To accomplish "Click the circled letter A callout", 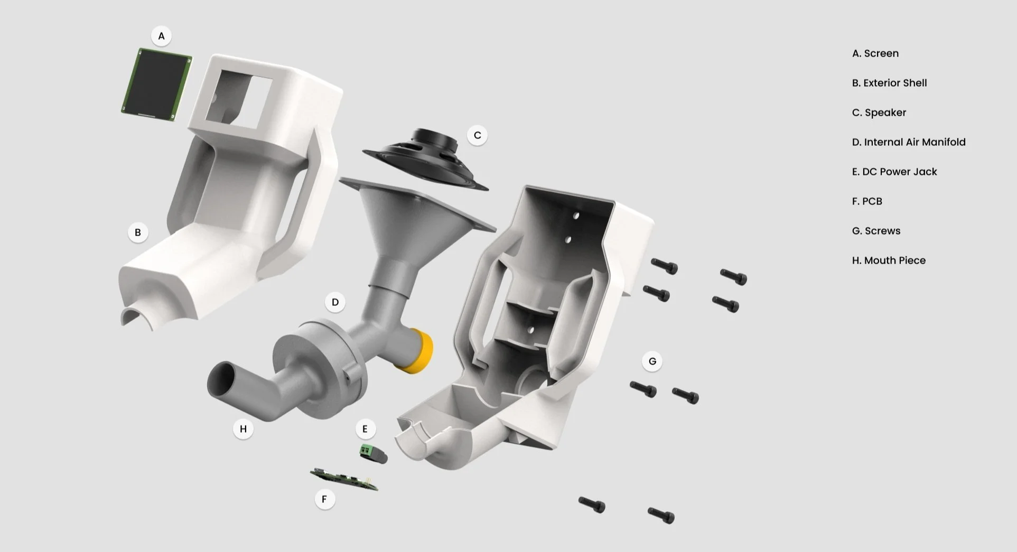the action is (x=161, y=36).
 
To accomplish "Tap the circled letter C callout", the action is (x=477, y=135).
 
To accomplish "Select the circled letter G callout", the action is (x=652, y=361).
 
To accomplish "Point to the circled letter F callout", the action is (x=324, y=499).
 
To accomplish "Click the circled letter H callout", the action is (x=243, y=429).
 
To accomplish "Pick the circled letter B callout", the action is (x=138, y=232).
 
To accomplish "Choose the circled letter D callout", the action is (x=335, y=302).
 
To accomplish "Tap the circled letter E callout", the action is (x=365, y=429).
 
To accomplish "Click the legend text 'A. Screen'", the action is (x=875, y=53).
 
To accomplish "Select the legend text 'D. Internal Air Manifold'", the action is (x=909, y=142).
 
